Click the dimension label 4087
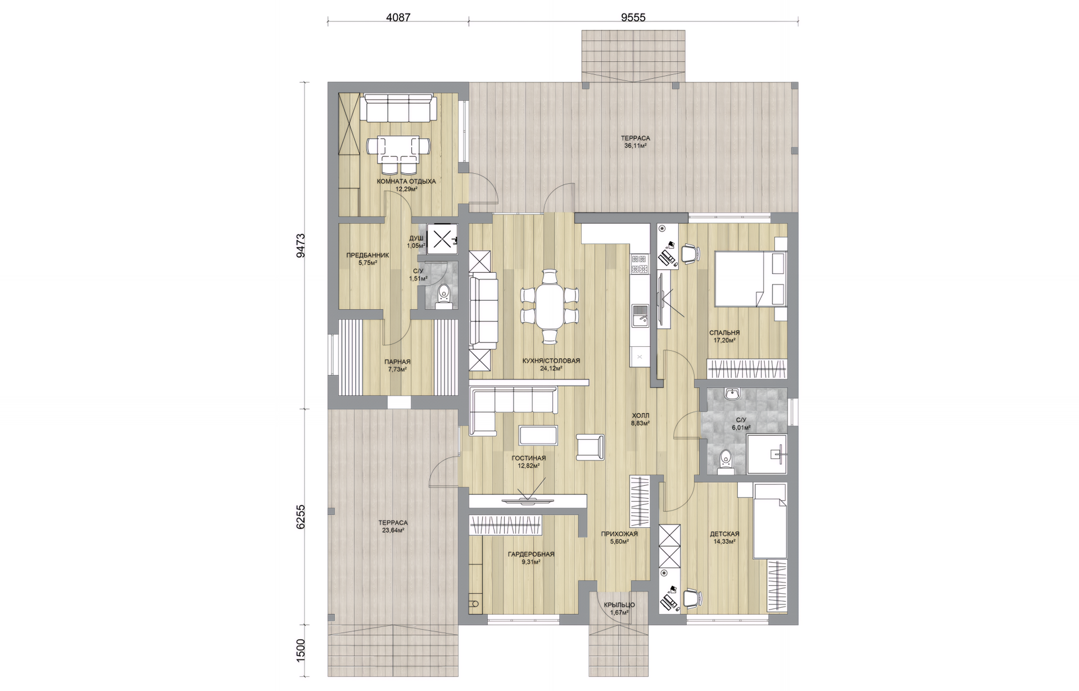coord(398,17)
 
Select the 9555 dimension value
coord(633,17)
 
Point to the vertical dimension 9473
coord(301,246)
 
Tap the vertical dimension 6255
coord(301,516)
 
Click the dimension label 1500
coord(301,650)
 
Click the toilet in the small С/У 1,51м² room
coord(444,296)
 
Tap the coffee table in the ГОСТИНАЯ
coord(539,435)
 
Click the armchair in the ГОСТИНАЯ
coord(591,448)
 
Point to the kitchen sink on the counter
coord(640,315)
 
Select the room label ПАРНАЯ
coord(397,362)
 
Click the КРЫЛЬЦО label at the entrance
coord(619,605)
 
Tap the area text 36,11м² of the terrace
coord(635,146)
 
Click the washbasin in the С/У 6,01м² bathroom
coord(732,394)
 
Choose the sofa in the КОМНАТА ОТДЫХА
coord(397,109)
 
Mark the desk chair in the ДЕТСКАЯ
coord(692,598)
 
